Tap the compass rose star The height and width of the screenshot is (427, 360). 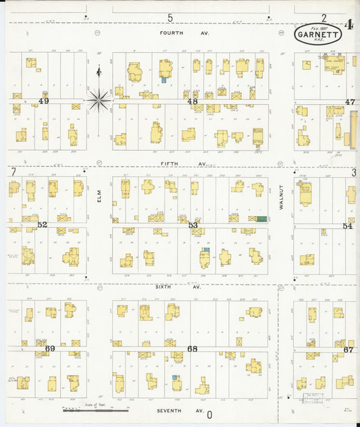pyautogui.click(x=99, y=100)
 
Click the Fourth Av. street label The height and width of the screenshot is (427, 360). pyautogui.click(x=176, y=32)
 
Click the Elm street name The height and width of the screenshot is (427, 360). pyautogui.click(x=99, y=196)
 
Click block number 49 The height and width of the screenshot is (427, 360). pyautogui.click(x=44, y=101)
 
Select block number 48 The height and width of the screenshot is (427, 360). pyautogui.click(x=192, y=102)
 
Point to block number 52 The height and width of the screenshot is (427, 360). pyautogui.click(x=43, y=224)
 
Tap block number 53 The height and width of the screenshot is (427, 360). pyautogui.click(x=193, y=225)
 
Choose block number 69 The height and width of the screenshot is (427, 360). pyautogui.click(x=49, y=349)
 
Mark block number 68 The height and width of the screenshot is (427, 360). pyautogui.click(x=192, y=349)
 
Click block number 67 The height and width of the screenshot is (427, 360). pyautogui.click(x=349, y=350)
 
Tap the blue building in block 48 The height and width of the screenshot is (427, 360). pyautogui.click(x=163, y=80)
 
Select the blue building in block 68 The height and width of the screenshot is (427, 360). pyautogui.click(x=176, y=378)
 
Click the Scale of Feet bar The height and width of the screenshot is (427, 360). pyautogui.click(x=95, y=410)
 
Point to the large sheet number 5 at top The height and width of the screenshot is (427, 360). pyautogui.click(x=170, y=18)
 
